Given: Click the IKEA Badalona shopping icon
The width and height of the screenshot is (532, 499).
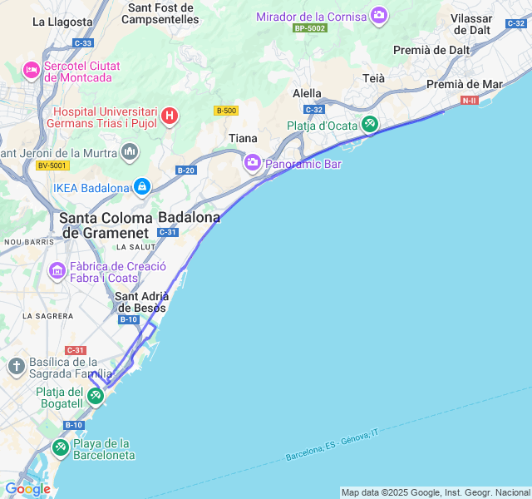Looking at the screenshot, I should click(141, 186).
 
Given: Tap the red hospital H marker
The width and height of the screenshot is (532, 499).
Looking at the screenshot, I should click(170, 115).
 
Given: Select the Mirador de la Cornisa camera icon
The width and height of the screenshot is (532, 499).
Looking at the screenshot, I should click(379, 15).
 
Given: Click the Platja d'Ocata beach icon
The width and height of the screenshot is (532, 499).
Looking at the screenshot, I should click(370, 125).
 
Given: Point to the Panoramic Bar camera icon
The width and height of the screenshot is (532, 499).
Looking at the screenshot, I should click(252, 162).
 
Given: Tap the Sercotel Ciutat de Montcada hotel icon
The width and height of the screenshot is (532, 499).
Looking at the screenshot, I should click(32, 70).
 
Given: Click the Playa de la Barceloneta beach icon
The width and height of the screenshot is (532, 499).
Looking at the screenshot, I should click(61, 448).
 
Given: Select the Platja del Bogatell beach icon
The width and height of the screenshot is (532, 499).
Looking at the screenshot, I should click(96, 397).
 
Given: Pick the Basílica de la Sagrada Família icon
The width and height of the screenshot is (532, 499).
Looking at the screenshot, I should click(16, 365).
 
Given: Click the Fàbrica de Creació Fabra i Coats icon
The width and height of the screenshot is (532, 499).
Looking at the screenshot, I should click(57, 270).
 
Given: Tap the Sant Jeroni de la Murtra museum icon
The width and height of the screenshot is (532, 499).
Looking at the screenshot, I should click(130, 151).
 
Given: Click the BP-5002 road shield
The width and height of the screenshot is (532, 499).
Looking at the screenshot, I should click(310, 27).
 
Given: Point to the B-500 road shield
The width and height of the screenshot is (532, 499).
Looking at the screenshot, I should click(226, 111).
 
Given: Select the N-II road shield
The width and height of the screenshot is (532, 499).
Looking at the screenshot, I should click(470, 100).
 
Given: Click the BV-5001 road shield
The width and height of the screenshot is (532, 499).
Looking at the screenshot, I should click(52, 166).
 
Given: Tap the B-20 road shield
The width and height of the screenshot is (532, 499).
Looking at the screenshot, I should click(185, 170).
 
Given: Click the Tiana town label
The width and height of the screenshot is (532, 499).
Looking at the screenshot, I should click(243, 138).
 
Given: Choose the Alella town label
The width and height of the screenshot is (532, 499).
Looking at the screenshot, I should click(307, 94).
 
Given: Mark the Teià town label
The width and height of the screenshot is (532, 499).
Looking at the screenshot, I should click(374, 77).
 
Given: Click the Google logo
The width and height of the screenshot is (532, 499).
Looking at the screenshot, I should click(27, 489).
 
